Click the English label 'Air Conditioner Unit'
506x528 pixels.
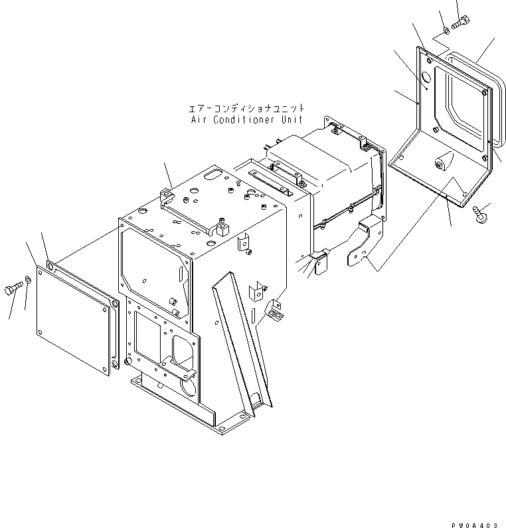246,120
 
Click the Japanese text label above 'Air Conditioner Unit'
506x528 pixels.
246,108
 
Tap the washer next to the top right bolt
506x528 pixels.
444,29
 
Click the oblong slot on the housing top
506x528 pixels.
212,175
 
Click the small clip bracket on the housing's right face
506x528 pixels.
245,244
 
